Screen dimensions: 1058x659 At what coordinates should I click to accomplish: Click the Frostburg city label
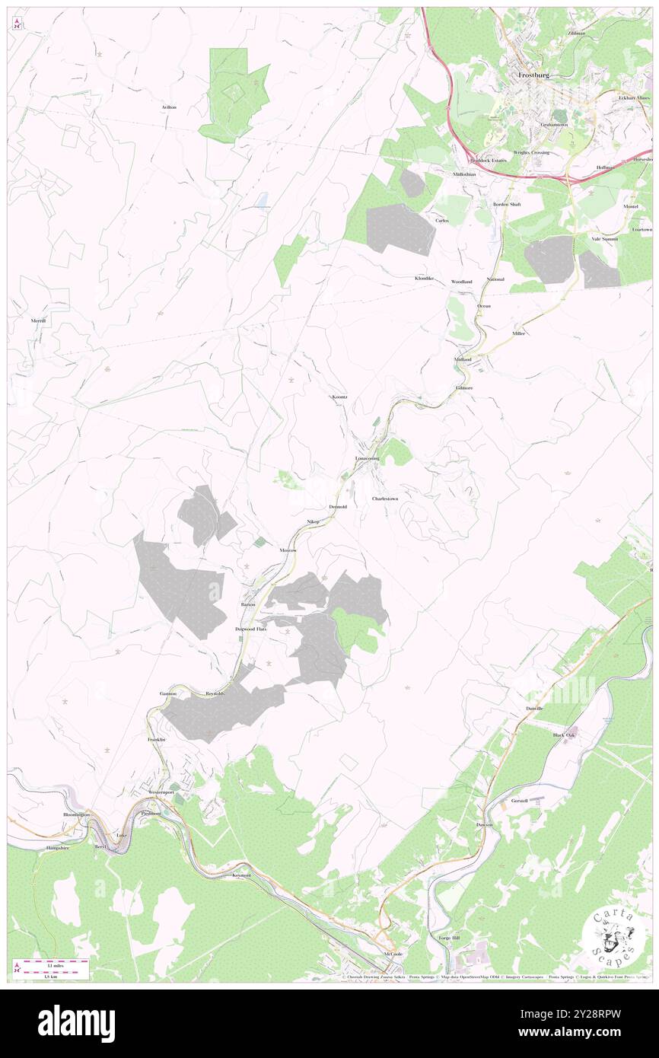tap(533, 76)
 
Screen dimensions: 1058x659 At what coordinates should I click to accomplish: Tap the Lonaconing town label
tap(367, 459)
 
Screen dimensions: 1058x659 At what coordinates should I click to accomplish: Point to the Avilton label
tap(169, 107)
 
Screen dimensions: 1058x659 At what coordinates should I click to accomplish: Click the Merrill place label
tap(39, 320)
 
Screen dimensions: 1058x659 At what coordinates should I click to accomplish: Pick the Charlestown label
tap(385, 499)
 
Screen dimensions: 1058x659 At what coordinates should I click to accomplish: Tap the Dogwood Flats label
tap(250, 629)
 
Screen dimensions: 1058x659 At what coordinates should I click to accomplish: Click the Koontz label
tap(339, 397)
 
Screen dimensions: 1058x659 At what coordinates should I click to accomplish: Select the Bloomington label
tap(76, 814)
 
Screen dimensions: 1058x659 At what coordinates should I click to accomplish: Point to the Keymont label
tap(241, 875)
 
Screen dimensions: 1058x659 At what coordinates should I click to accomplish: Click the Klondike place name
tap(424, 279)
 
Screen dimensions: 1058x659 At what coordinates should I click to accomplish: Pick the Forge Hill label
tap(450, 938)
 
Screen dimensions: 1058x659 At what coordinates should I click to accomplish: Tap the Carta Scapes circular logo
tap(612, 933)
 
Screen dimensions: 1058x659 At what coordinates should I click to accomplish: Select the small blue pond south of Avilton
tap(262, 200)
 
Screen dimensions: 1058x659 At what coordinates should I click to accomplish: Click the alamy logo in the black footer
tap(76, 1024)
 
